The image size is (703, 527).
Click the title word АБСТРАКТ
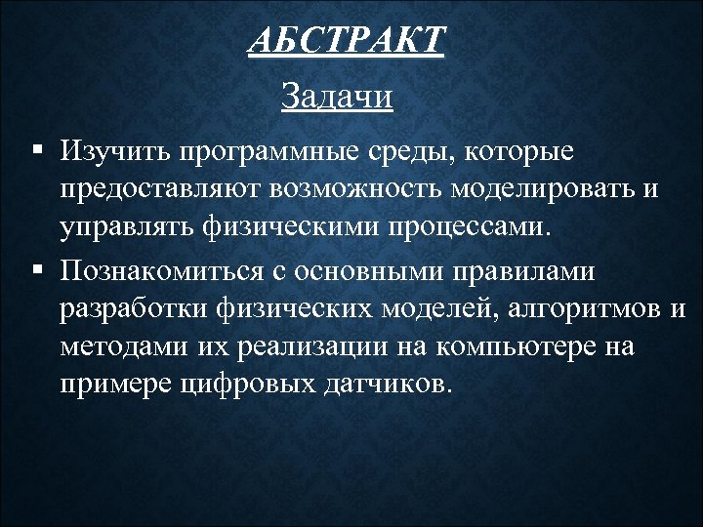(347, 42)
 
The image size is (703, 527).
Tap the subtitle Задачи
(336, 97)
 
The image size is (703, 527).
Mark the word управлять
(128, 229)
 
